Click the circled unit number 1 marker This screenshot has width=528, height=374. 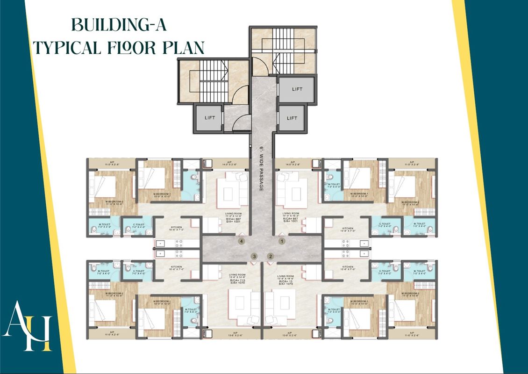281,241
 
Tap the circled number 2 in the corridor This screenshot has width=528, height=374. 270,256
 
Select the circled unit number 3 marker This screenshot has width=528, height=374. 254,256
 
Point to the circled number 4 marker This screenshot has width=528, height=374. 242,241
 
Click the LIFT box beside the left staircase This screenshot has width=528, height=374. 210,117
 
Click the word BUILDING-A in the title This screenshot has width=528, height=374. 119,24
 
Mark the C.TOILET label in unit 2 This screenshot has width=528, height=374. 385,271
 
